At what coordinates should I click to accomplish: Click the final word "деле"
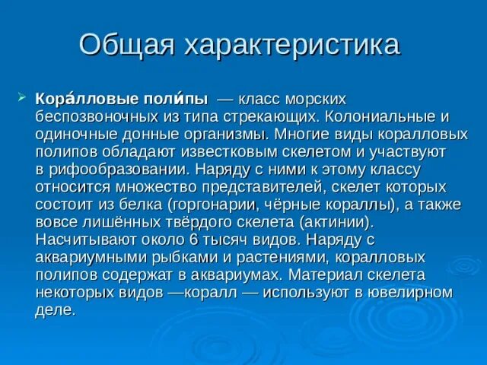coord(54,309)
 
